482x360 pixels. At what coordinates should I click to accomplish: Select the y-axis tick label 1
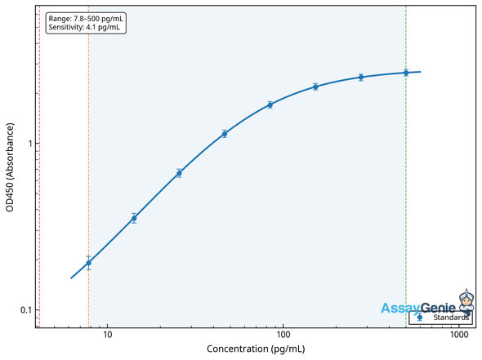pos(28,144)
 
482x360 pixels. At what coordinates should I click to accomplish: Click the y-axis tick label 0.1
pos(24,310)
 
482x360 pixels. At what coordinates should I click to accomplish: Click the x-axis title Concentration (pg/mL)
pos(256,349)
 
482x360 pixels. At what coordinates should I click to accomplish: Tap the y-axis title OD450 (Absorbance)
pos(10,167)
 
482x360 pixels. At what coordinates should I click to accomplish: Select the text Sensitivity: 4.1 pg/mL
pos(83,27)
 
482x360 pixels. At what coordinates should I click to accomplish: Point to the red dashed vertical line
pos(39,163)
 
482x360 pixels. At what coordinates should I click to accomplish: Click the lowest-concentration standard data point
pos(88,263)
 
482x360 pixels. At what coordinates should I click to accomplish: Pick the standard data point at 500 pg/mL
pos(406,73)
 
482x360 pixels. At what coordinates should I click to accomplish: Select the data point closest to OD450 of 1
pos(225,133)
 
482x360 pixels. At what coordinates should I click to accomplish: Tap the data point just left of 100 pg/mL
pos(270,104)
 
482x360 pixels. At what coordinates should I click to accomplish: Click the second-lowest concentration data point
pos(134,218)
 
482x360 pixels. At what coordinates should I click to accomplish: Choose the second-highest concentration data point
pos(360,78)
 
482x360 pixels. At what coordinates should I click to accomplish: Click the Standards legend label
pos(451,318)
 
